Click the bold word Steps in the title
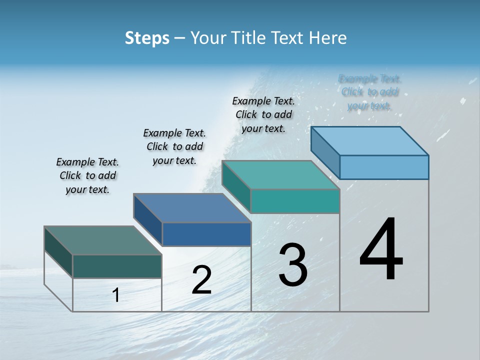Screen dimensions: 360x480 [x=147, y=38]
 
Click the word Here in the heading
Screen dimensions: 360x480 [x=327, y=38]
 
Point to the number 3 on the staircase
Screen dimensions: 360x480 [x=293, y=264]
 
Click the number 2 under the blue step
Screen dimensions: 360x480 [x=201, y=280]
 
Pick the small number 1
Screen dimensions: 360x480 [x=116, y=295]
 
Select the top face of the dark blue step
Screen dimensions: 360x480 [x=192, y=208]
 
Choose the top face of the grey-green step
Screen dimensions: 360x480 [x=103, y=240]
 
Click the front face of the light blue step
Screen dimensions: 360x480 [x=384, y=167]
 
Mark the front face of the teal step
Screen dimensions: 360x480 [x=295, y=201]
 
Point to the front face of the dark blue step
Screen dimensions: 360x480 [x=206, y=234]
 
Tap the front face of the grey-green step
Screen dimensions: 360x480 [x=117, y=266]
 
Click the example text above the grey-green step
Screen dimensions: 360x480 [x=87, y=175]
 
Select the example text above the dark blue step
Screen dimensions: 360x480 [x=174, y=146]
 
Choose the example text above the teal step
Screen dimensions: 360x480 [x=263, y=114]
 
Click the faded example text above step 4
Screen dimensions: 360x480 [x=369, y=92]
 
